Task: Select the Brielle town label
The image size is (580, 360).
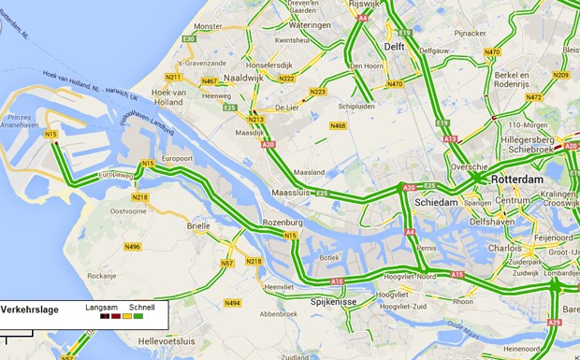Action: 199,226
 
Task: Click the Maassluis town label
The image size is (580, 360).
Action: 289,193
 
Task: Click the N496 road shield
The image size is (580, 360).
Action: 132,247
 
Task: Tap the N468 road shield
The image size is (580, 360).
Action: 339,126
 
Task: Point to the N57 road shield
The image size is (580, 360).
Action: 227,264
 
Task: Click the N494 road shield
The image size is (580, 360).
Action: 232,303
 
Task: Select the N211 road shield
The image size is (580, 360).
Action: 173,77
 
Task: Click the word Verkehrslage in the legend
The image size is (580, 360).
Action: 29,308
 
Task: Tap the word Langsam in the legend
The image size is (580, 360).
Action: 100,307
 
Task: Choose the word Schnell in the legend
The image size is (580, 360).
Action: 142,307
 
